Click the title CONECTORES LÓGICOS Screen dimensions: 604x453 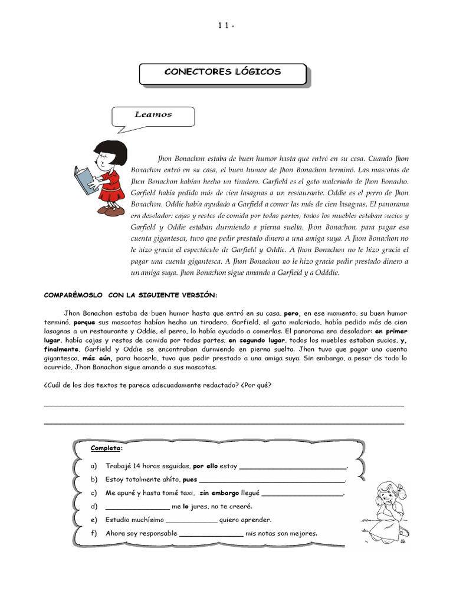tap(222, 73)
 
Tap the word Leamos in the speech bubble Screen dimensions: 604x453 tap(153, 114)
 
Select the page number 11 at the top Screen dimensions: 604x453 tap(225, 25)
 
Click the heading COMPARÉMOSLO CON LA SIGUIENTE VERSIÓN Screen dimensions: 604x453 tap(131, 295)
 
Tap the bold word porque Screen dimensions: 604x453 tap(84, 323)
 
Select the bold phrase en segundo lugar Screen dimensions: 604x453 tap(257, 340)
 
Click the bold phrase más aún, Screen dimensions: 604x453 tap(97, 358)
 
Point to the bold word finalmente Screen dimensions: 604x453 tap(61, 349)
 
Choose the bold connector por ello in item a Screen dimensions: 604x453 tap(206, 466)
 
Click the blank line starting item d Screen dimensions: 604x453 tap(137, 507)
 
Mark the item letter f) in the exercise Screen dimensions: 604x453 tap(94, 534)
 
